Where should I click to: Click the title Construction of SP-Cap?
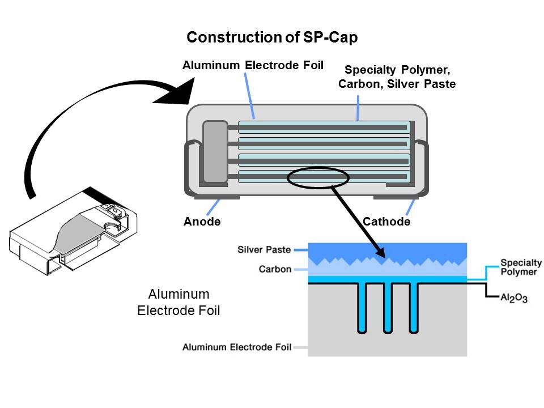(272, 37)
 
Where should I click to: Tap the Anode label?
(202, 222)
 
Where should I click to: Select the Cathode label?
(386, 222)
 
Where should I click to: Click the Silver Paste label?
(265, 249)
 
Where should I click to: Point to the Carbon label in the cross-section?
(275, 269)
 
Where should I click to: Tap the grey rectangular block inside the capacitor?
(215, 151)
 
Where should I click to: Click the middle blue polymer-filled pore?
(388, 306)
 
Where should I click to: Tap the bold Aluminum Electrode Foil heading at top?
(253, 66)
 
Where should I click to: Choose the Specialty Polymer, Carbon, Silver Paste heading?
(397, 77)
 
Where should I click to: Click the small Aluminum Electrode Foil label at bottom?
(237, 347)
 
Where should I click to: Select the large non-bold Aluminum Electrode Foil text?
(178, 303)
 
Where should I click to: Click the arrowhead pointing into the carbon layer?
(382, 256)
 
